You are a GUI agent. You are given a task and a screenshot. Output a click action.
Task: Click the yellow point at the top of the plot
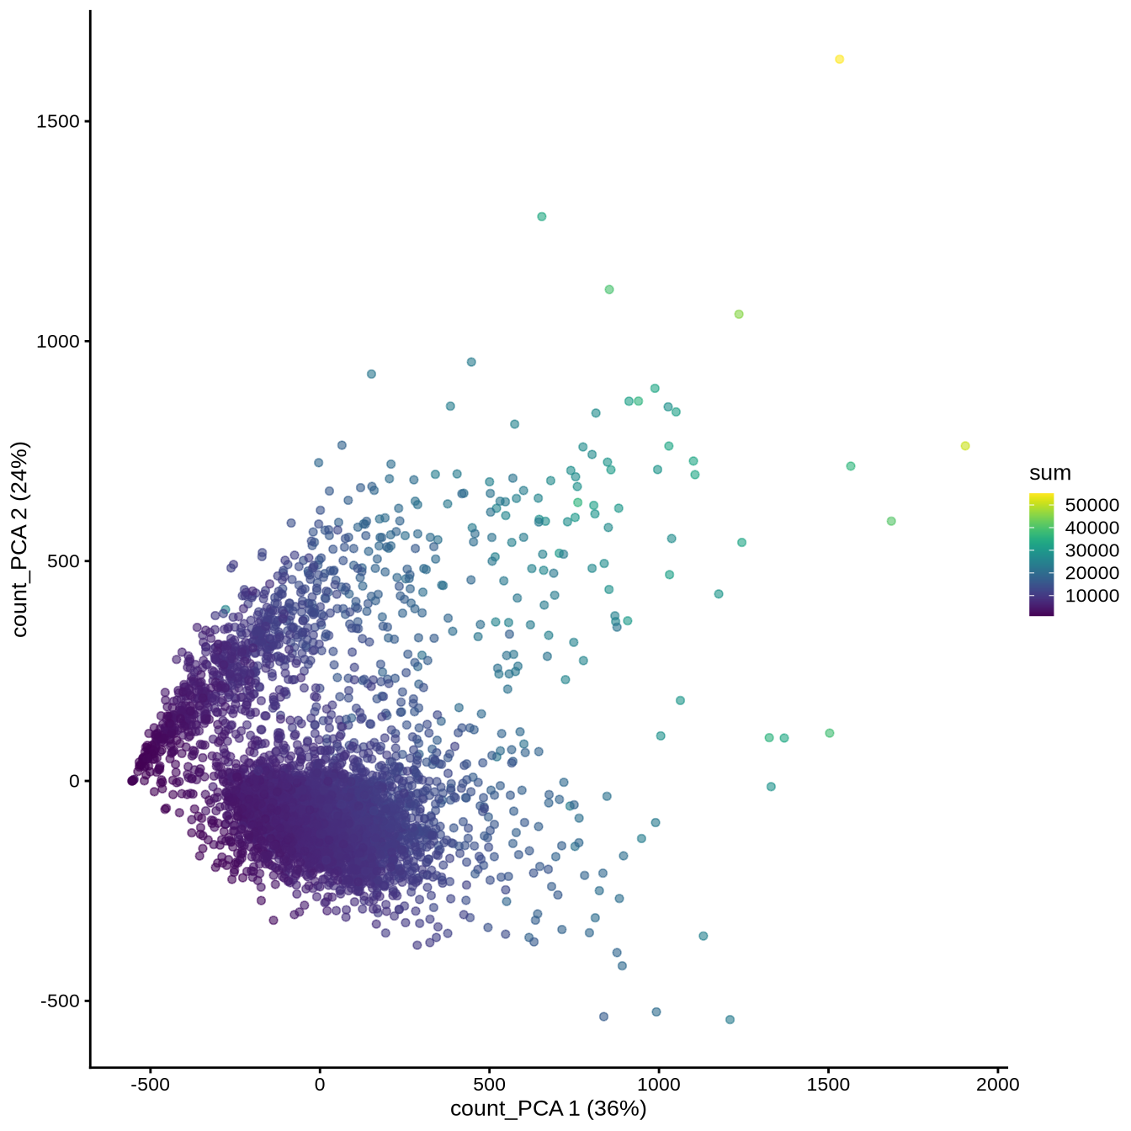click(x=839, y=59)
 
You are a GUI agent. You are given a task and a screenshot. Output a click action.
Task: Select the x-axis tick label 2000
click(x=998, y=1084)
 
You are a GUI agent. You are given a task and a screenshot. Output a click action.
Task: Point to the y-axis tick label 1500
click(x=58, y=121)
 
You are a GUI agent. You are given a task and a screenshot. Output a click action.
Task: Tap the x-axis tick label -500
click(x=150, y=1084)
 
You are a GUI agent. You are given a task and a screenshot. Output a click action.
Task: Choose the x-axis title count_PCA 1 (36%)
click(x=548, y=1109)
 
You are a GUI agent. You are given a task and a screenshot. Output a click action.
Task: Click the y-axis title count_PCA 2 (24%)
click(x=20, y=539)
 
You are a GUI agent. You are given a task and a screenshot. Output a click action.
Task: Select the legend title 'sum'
click(x=1049, y=473)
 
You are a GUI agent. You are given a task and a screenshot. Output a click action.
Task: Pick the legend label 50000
click(x=1092, y=505)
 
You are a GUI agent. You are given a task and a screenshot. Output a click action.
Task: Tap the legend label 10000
click(x=1092, y=596)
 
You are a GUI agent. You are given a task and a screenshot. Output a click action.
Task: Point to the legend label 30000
click(x=1092, y=550)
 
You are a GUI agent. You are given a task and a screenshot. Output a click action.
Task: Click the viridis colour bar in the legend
click(x=1041, y=555)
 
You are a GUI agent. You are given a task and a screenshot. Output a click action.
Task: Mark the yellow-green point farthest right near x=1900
click(x=965, y=446)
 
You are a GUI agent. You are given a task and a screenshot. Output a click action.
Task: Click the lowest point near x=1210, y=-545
click(x=730, y=1020)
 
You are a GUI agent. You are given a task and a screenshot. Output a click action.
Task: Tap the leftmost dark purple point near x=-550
click(x=131, y=781)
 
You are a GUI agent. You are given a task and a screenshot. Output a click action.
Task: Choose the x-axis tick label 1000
click(x=659, y=1084)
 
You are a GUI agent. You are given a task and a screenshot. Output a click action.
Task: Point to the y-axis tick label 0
click(x=75, y=781)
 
